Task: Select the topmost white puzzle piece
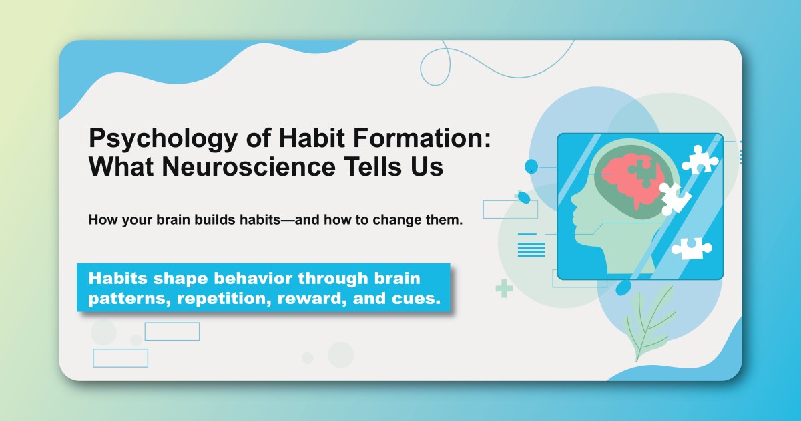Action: pos(699,159)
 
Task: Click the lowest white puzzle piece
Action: pos(691,249)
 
